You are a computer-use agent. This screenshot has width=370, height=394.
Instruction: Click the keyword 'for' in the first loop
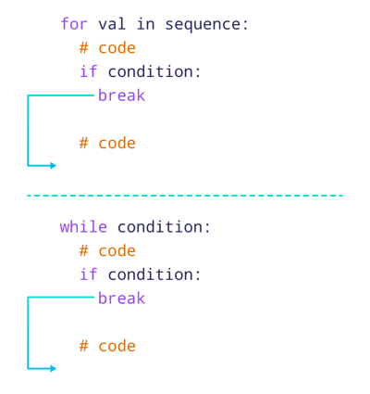(74, 24)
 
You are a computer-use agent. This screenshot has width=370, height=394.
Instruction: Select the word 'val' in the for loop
(112, 24)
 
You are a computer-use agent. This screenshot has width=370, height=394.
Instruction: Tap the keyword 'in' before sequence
(145, 24)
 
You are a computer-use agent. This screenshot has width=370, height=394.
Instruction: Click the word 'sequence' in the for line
(203, 25)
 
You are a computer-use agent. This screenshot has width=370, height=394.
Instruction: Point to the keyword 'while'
(83, 226)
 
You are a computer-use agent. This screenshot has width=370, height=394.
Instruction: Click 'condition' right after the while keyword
(160, 226)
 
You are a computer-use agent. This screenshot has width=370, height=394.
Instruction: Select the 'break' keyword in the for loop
(121, 95)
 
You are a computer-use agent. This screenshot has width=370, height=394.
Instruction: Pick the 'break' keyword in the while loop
(121, 298)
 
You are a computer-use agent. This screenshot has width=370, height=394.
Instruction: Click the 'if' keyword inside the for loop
(89, 71)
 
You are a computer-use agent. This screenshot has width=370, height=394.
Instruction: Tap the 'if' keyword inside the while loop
(89, 274)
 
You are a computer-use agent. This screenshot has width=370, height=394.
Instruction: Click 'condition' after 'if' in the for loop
(151, 71)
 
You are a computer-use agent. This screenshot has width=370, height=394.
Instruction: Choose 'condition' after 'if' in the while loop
(151, 274)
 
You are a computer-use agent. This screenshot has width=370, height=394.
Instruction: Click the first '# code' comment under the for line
(107, 48)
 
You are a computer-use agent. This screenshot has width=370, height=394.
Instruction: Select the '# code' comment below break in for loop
(107, 143)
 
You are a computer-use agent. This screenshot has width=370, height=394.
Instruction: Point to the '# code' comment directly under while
(107, 250)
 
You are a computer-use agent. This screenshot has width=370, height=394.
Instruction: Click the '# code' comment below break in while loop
(107, 346)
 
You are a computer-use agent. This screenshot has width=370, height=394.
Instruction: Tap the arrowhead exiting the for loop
(54, 166)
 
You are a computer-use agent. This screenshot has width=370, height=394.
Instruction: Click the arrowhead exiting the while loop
(54, 368)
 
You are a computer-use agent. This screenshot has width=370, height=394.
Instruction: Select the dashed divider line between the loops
(185, 196)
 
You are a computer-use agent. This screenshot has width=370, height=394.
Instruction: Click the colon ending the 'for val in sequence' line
(245, 25)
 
